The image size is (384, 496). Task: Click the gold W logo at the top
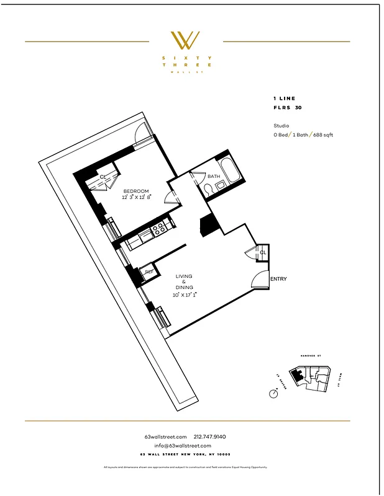(x=186, y=40)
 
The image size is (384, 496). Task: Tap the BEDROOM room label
(x=135, y=190)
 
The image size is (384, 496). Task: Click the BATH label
(x=214, y=177)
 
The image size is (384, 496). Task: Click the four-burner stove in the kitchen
(x=158, y=228)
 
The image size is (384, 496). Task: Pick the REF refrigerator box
(x=149, y=272)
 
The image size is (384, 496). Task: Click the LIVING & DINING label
(x=184, y=282)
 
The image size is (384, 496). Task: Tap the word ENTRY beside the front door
(x=278, y=279)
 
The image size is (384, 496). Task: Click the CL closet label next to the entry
(x=263, y=253)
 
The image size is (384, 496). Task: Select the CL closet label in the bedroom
(x=104, y=177)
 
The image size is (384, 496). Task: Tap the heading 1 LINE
(x=285, y=99)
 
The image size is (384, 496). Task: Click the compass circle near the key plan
(x=273, y=393)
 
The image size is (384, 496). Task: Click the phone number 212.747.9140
(x=210, y=436)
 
